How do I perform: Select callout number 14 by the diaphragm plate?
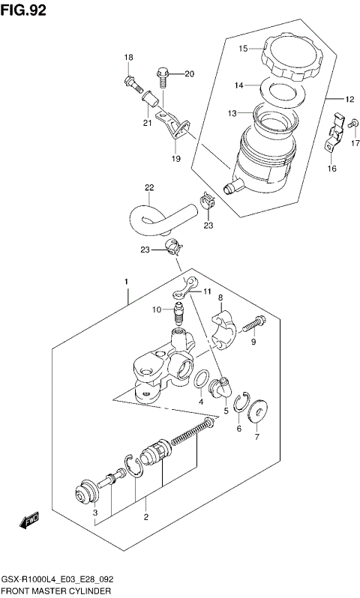(238, 86)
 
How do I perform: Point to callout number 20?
(189, 73)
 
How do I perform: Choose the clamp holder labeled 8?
(223, 332)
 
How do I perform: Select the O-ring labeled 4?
(201, 380)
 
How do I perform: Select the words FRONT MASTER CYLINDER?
(57, 591)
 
